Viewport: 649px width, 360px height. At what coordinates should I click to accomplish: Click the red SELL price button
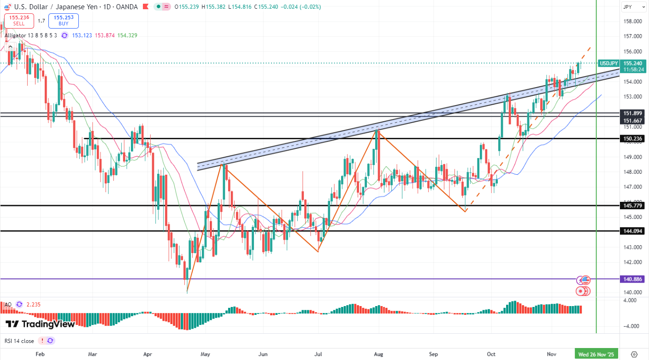click(18, 21)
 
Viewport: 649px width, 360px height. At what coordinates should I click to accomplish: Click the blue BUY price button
click(64, 21)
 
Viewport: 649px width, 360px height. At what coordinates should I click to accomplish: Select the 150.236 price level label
click(633, 138)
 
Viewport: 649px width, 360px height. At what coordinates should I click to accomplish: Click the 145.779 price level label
click(633, 206)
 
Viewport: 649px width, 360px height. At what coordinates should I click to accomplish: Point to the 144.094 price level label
click(633, 231)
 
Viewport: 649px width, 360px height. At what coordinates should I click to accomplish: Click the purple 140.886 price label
click(633, 279)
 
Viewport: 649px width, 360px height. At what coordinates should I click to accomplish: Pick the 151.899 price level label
click(633, 113)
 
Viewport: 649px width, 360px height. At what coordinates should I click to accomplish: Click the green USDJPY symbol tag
click(608, 63)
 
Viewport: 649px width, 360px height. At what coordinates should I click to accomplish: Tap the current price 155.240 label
click(633, 63)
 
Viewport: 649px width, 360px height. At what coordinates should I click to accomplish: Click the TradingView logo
click(40, 324)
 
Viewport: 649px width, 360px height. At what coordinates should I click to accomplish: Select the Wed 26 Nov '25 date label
click(596, 354)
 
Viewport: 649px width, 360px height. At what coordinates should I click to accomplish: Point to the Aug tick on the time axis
click(378, 354)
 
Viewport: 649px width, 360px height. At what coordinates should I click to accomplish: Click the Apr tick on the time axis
click(148, 354)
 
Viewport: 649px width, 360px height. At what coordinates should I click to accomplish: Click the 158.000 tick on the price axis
click(633, 21)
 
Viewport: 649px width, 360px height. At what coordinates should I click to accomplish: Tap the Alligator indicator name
click(18, 35)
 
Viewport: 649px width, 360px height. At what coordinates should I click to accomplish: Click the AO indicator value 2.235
click(34, 304)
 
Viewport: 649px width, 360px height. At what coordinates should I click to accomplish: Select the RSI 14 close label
click(19, 341)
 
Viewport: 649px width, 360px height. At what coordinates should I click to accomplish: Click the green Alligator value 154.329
click(127, 35)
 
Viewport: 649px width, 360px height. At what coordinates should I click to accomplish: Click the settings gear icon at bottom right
click(634, 354)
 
